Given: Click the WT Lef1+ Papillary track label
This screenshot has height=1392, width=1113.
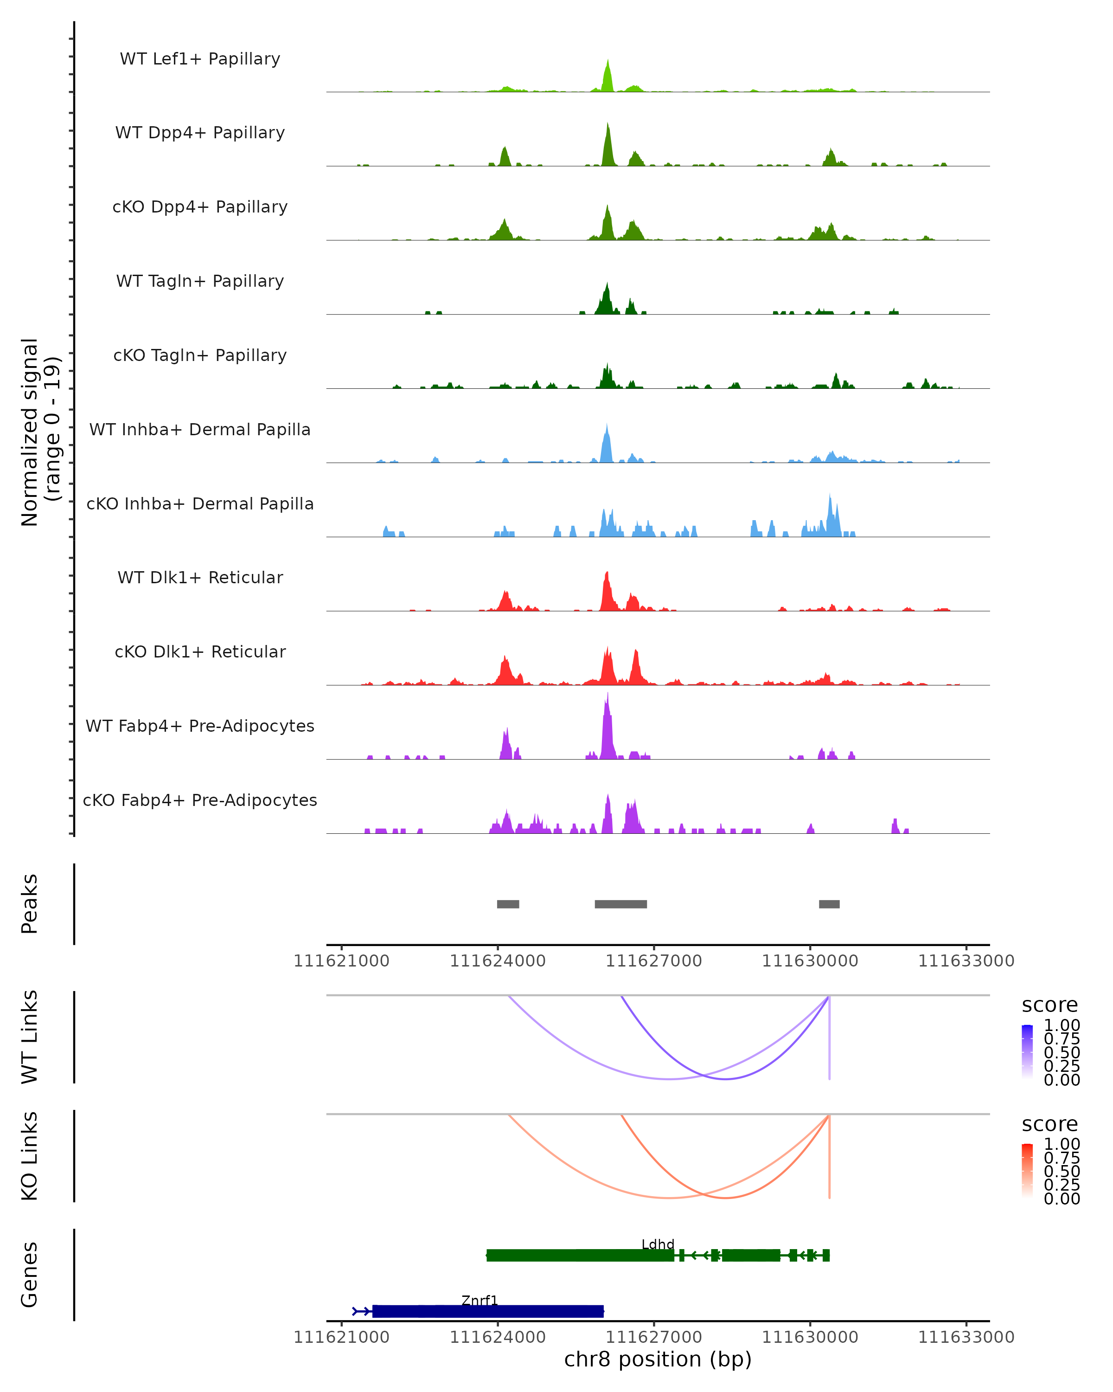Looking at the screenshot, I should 200,59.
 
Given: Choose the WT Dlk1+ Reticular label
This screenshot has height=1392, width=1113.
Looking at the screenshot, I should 200,577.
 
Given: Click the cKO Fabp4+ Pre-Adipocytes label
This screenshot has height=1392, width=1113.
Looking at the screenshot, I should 200,800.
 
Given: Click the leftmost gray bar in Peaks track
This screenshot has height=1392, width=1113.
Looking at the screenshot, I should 508,904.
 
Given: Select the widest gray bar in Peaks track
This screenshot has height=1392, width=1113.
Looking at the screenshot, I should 620,904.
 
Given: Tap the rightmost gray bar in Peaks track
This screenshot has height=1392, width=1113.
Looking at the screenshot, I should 829,904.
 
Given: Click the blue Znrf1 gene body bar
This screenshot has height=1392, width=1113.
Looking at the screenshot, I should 488,1311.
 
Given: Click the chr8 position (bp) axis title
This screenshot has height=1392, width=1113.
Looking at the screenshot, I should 658,1359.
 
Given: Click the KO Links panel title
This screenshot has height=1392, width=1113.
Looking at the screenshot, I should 30,1156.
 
